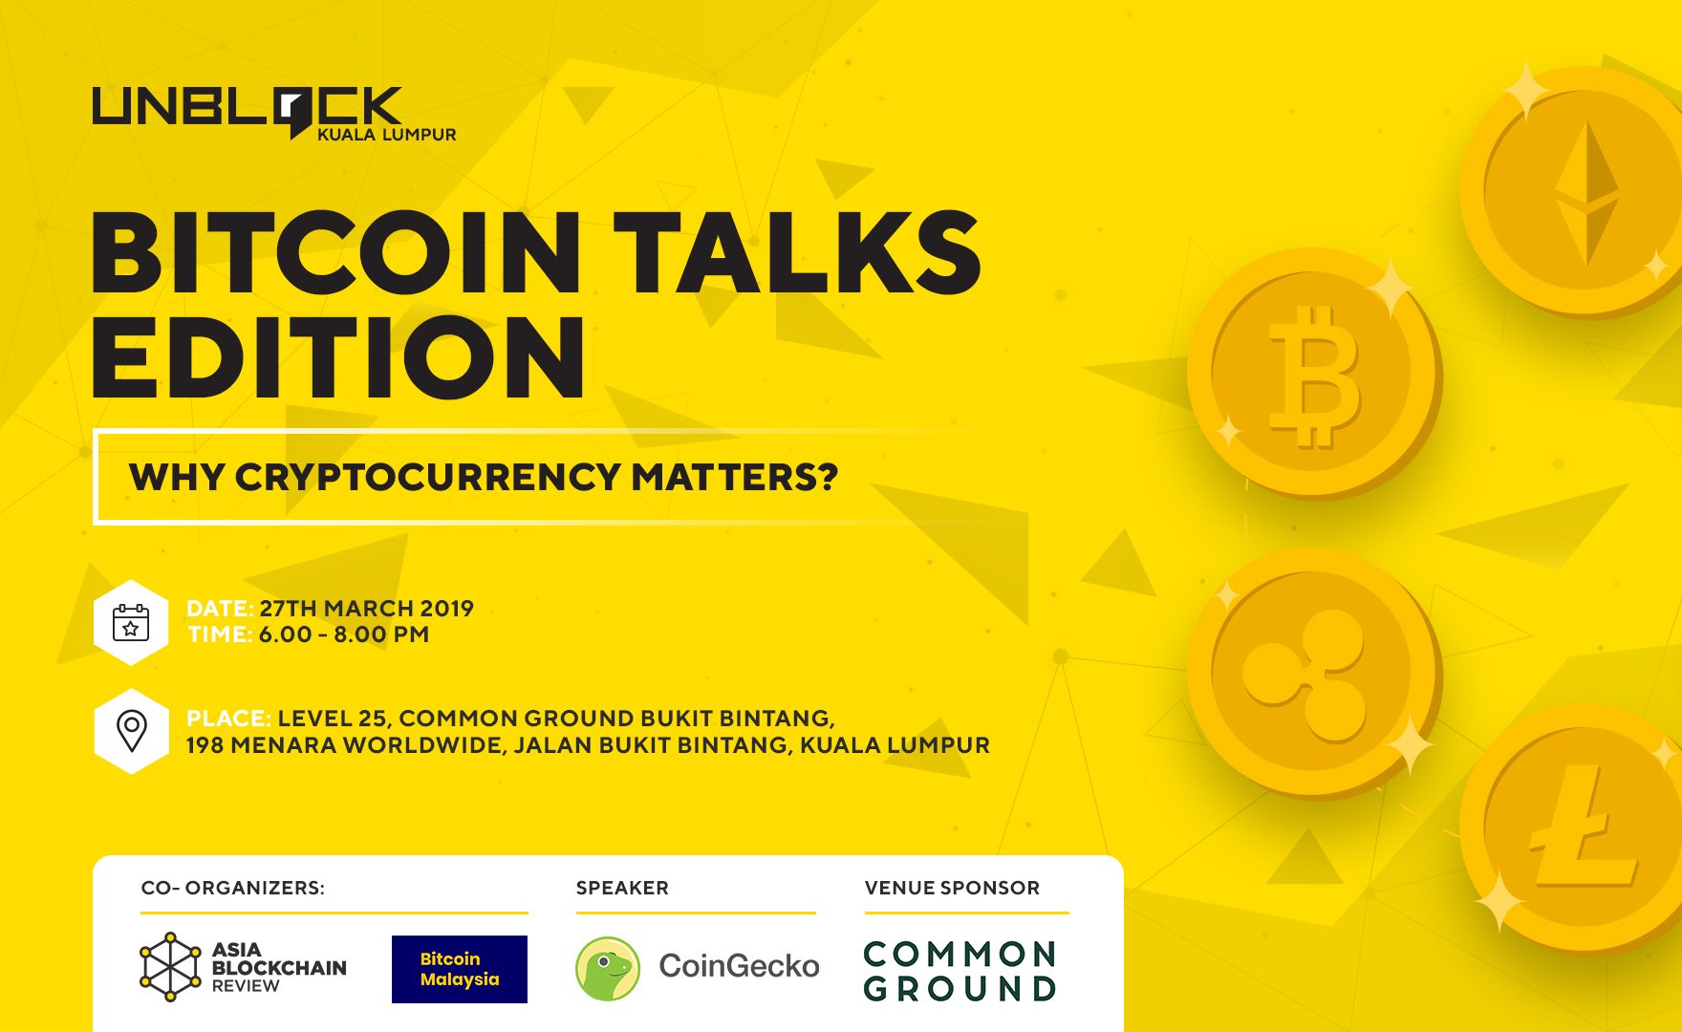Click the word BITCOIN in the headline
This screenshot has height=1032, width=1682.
(335, 253)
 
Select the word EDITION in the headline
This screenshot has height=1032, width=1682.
(338, 356)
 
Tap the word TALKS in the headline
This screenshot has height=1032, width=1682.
(797, 253)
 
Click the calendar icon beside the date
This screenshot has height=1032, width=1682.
(131, 622)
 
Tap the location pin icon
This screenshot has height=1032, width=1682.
(131, 731)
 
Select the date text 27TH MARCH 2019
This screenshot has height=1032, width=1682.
(366, 609)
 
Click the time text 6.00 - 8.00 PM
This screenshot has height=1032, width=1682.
(343, 634)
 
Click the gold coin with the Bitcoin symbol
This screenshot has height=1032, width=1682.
(1314, 374)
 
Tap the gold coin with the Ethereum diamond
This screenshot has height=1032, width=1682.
(1572, 191)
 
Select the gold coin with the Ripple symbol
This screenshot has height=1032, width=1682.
(1314, 673)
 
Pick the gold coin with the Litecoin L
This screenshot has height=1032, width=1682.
(1572, 829)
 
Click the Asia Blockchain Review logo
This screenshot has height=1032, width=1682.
(243, 967)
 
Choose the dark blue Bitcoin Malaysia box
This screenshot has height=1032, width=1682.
(460, 969)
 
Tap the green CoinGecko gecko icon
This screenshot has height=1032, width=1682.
(608, 968)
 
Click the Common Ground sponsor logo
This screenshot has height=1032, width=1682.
(960, 971)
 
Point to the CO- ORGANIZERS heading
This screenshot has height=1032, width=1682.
(232, 888)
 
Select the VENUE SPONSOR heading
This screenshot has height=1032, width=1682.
(952, 888)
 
